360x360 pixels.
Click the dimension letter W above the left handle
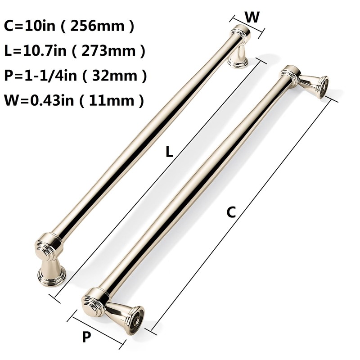(252, 17)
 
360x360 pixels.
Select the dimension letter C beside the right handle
(231, 212)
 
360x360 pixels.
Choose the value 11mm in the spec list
(117, 100)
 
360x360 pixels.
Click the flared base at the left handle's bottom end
(51, 270)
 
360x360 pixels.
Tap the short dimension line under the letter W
(247, 25)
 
